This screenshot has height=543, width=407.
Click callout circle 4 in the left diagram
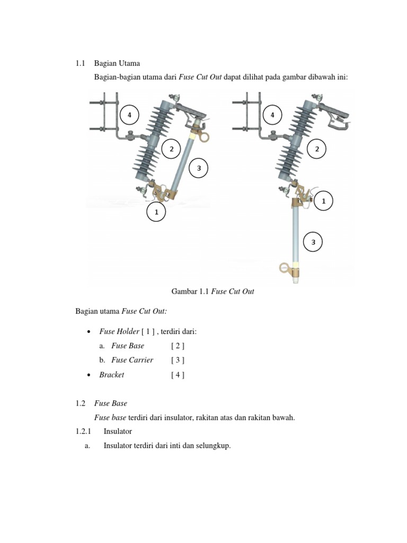click(x=129, y=115)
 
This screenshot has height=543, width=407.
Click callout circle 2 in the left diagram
click(x=171, y=149)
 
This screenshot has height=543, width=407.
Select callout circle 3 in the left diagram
click(x=199, y=169)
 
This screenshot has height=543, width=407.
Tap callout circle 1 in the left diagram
click(x=156, y=212)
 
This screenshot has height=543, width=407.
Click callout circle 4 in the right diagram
click(x=272, y=115)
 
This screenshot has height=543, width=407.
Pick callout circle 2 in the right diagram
click(x=317, y=149)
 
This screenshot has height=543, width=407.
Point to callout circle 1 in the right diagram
click(x=323, y=202)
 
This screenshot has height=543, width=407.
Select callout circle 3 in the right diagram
click(x=313, y=242)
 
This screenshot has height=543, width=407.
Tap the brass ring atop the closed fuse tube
click(x=203, y=136)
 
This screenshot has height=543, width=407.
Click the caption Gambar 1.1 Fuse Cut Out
click(x=213, y=292)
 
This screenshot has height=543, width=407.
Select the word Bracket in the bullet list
click(x=111, y=374)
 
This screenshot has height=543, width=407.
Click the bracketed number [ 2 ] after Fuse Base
click(x=178, y=346)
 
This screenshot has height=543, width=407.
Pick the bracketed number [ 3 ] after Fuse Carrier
click(x=178, y=360)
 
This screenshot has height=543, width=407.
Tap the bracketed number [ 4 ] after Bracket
click(x=178, y=374)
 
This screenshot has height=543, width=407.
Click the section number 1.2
click(x=81, y=403)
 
